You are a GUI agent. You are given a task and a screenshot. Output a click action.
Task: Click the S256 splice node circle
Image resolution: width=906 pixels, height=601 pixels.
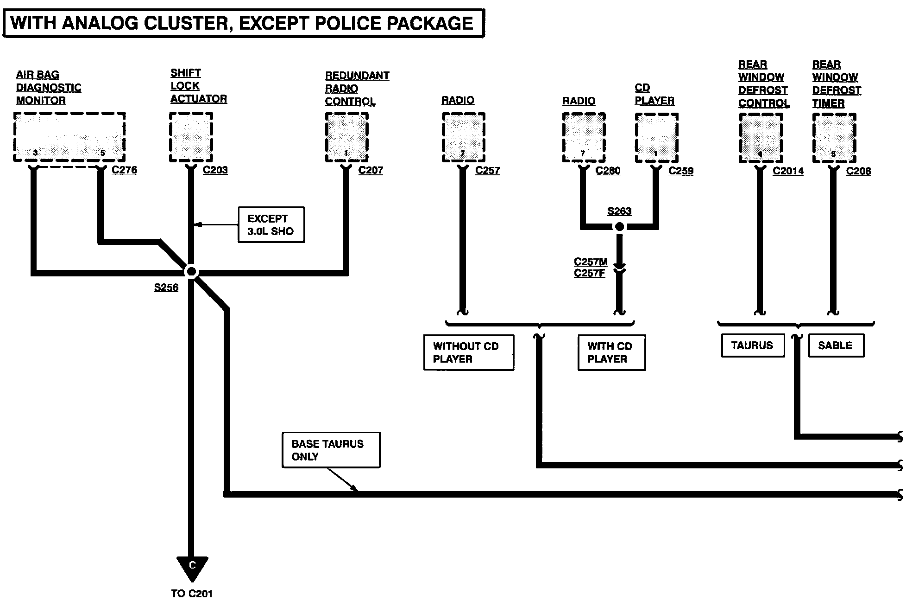191,272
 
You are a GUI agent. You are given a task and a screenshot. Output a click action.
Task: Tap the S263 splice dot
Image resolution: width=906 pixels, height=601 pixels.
619,227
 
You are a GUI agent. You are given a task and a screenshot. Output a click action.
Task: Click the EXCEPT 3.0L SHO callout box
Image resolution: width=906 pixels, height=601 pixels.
271,225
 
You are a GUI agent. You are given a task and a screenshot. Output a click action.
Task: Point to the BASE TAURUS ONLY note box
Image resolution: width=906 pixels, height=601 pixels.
331,450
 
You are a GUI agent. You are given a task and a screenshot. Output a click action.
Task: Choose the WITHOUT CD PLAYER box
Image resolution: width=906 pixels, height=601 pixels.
469,352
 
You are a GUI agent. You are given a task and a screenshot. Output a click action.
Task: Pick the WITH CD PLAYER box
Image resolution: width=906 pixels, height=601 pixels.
611,352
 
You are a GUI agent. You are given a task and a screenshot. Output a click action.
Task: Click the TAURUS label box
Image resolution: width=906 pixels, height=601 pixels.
753,345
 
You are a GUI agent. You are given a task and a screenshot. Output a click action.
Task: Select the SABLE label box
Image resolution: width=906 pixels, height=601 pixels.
836,345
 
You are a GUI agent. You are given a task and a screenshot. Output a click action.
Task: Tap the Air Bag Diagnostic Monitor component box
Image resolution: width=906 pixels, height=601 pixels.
69,137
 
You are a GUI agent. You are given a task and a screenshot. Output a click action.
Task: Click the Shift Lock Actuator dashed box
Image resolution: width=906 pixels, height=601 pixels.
191,137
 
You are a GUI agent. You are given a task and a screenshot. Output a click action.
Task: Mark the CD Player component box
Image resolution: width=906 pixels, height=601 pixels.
656,138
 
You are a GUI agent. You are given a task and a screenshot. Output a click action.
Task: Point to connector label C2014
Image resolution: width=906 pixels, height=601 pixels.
788,171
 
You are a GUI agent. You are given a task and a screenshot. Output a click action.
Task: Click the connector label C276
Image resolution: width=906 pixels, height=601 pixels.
124,170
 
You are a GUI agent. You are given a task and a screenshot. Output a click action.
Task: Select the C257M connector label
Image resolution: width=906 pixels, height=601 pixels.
591,262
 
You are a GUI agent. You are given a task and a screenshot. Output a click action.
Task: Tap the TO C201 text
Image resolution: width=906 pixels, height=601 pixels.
192,593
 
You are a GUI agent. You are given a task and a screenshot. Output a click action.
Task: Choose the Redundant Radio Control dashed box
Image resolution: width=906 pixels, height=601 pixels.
347,137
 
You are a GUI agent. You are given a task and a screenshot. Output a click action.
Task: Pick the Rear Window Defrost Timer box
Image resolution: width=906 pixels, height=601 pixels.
834,138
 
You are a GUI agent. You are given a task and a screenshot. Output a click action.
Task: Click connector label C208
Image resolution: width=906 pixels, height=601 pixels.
858,171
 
